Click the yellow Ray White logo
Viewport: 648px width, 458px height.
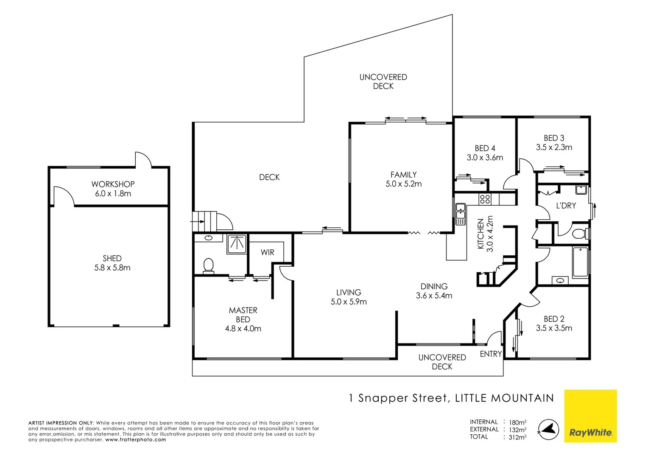click(x=590, y=416)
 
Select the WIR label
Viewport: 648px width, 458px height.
click(x=267, y=252)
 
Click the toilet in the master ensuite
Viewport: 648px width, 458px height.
click(x=208, y=266)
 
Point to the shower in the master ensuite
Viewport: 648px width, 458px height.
click(x=237, y=244)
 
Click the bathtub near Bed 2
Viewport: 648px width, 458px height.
click(x=580, y=262)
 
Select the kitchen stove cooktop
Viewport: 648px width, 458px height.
click(x=485, y=198)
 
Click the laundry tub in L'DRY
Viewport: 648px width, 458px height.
click(x=581, y=190)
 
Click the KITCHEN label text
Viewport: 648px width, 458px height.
click(x=481, y=234)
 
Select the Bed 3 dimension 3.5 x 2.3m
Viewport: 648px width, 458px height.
click(x=554, y=148)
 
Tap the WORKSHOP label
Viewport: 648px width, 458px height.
click(x=113, y=184)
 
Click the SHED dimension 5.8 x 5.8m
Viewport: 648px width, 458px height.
click(x=112, y=268)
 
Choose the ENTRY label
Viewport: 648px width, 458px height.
click(x=491, y=354)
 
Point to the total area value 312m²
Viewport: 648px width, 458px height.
click(x=517, y=437)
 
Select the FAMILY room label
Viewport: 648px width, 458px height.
click(x=403, y=174)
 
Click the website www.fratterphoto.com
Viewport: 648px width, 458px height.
click(x=136, y=440)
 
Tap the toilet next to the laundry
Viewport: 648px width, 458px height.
click(x=579, y=234)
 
